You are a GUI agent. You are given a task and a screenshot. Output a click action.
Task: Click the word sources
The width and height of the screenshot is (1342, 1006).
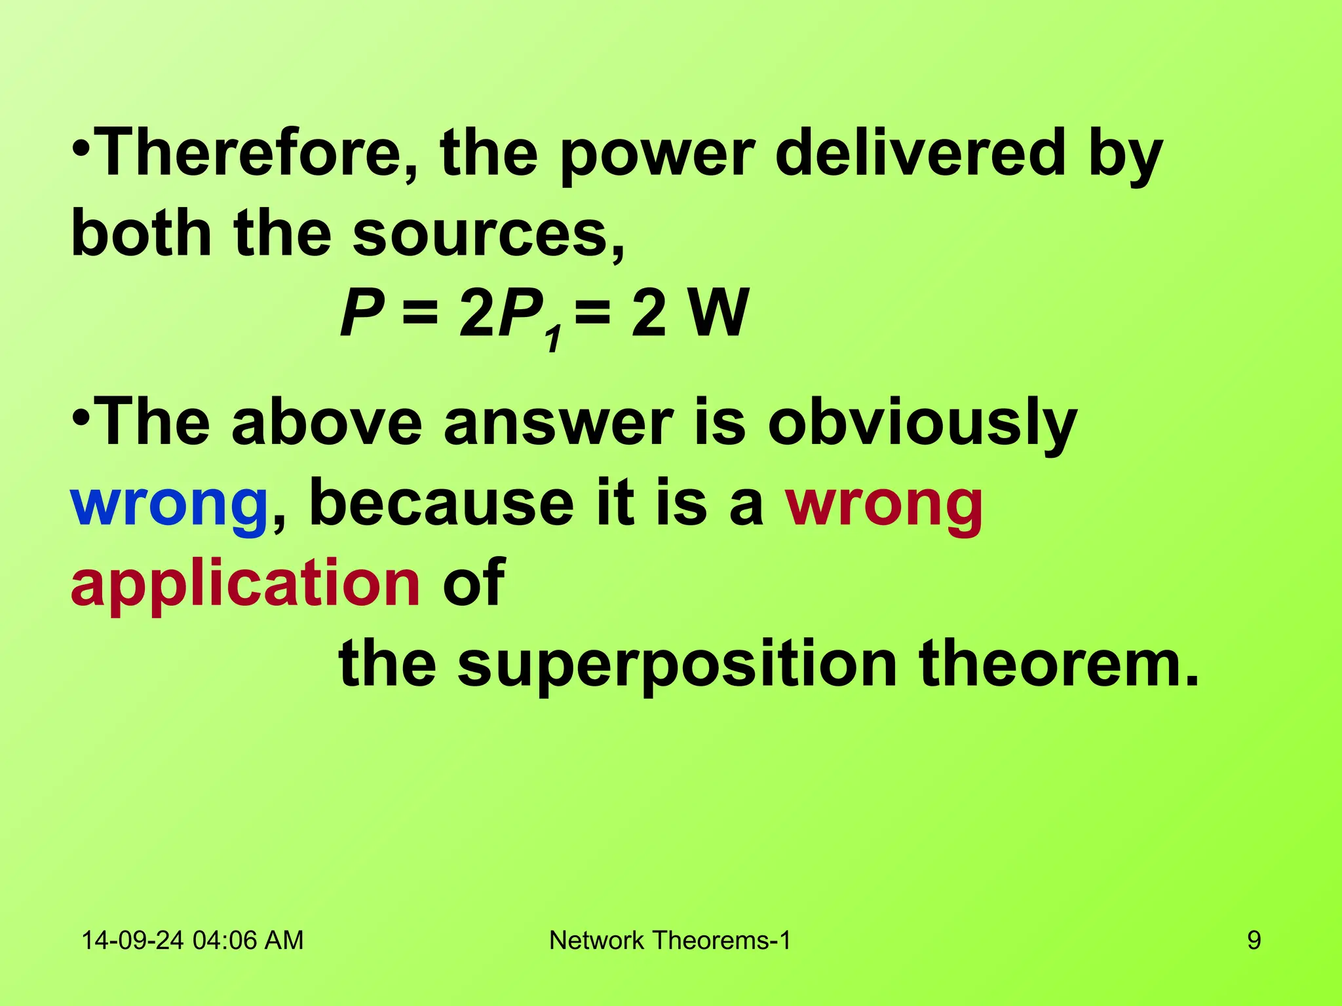[x=488, y=234]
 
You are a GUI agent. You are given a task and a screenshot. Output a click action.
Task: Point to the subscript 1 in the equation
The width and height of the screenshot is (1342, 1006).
[x=554, y=339]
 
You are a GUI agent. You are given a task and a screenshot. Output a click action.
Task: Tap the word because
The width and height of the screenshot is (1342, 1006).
[x=441, y=503]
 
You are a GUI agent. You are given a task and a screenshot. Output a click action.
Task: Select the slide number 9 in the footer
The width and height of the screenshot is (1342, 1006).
[x=1254, y=941]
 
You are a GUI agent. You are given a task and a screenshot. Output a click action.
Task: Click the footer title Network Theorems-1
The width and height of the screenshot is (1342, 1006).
[x=670, y=941]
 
